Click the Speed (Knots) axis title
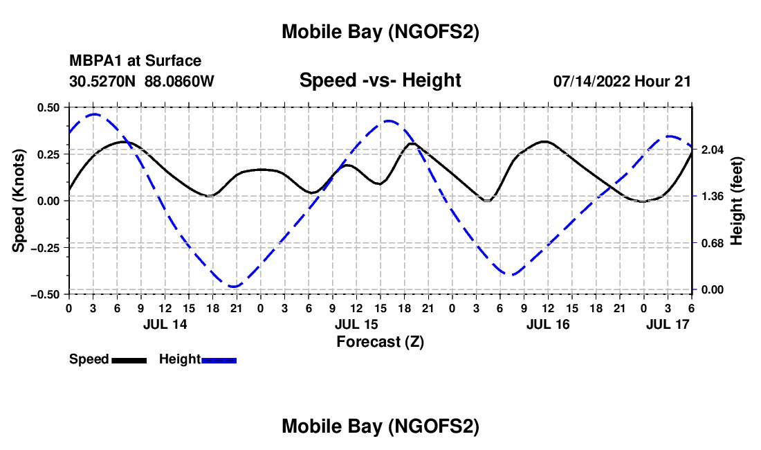[20, 200]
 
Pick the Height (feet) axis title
[737, 201]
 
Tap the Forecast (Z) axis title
[380, 341]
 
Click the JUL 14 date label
[165, 324]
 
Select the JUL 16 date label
[548, 324]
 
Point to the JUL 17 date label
[668, 324]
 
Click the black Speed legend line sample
[129, 359]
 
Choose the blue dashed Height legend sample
[219, 359]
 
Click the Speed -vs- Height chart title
[380, 81]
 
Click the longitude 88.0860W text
[180, 81]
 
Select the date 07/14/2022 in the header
[591, 81]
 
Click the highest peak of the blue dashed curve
[95, 114]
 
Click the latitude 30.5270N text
[103, 81]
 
